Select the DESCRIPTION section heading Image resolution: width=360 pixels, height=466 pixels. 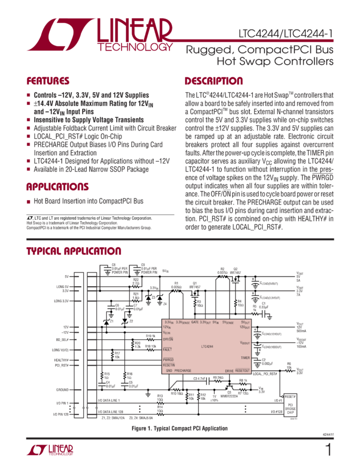(213, 81)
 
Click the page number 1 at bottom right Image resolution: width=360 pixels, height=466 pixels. (328, 450)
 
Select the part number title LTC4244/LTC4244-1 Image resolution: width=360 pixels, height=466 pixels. (285, 33)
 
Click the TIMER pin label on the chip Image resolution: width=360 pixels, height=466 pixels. (245, 357)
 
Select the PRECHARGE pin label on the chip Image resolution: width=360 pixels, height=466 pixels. (183, 371)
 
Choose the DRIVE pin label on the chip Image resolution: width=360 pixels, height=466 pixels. (229, 371)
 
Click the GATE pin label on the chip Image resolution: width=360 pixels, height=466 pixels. (195, 322)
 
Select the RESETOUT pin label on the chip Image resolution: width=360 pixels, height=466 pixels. (243, 371)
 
